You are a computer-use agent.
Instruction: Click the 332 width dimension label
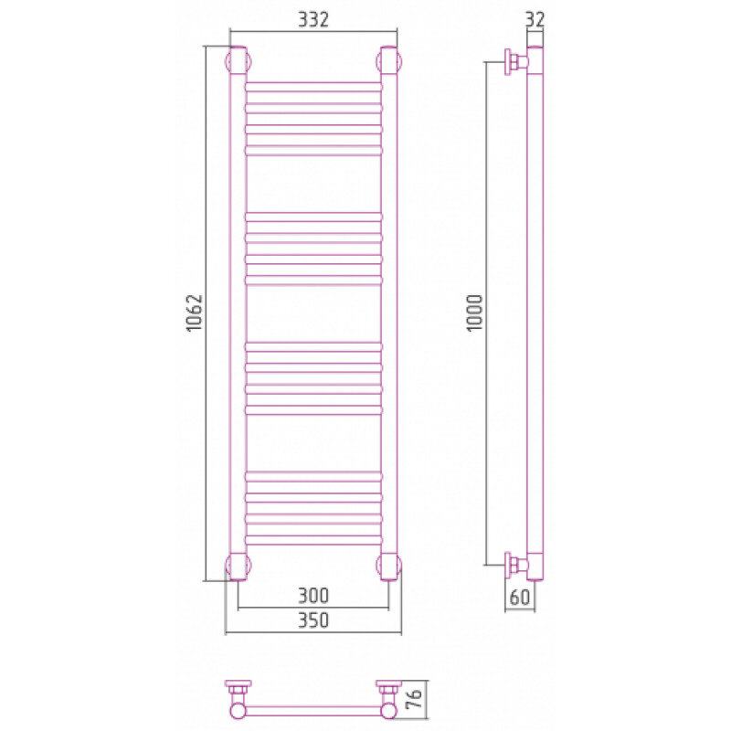[x=313, y=19]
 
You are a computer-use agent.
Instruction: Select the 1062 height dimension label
[x=195, y=313]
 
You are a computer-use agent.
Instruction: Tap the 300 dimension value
[x=313, y=596]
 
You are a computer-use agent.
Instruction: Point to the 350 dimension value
[x=313, y=620]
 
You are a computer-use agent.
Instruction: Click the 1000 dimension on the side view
[x=475, y=313]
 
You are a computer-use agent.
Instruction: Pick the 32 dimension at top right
[x=535, y=19]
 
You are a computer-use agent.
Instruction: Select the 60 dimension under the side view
[x=520, y=598]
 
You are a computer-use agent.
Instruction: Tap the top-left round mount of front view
[x=238, y=60]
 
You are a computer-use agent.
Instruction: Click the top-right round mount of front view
[x=388, y=60]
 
